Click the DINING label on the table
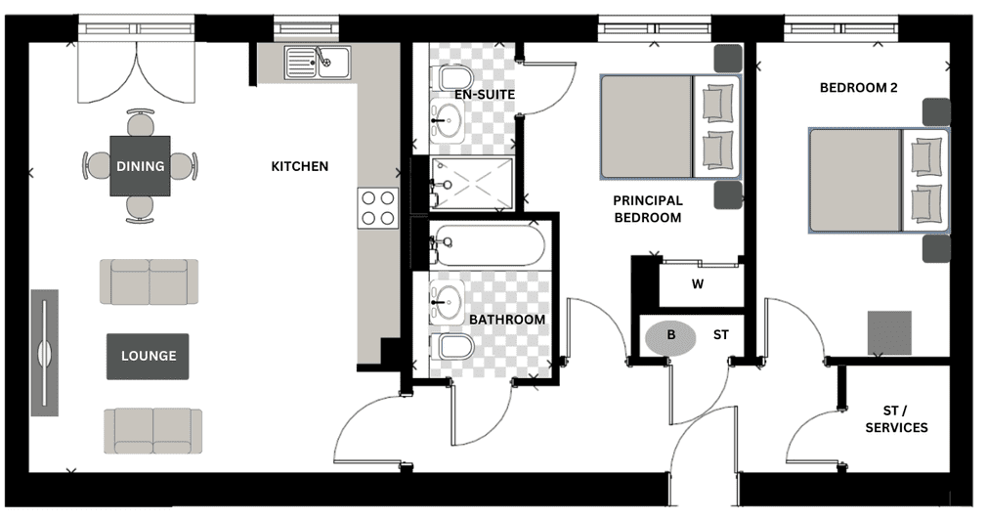pos(140,166)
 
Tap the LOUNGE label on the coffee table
pos(149,356)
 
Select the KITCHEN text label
pos(300,166)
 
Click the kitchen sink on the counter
pos(318,63)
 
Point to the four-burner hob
pos(377,208)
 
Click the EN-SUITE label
pos(485,95)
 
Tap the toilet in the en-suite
pos(454,78)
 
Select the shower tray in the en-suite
pos(472,184)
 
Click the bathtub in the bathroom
pos(488,244)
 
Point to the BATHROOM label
pos(507,320)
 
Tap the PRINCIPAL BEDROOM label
pos(648,209)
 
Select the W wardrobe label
pos(698,284)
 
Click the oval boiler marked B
pos(671,337)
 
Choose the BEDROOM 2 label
pos(859,88)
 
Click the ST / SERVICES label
pos(896,419)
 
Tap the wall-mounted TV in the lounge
pos(45,353)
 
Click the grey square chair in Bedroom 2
pos(889,332)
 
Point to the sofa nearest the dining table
pos(150,281)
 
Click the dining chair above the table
pos(141,123)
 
